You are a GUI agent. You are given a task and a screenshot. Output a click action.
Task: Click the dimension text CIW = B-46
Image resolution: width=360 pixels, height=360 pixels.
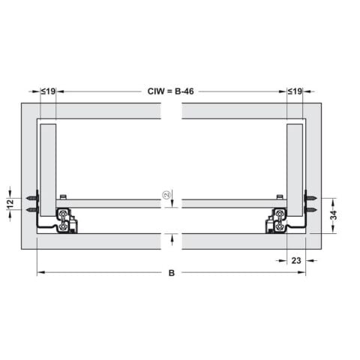[172, 91]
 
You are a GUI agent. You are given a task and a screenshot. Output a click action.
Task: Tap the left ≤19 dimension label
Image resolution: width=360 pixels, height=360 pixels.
[48, 91]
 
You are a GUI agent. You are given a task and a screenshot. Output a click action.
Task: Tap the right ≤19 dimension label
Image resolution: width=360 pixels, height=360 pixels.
[295, 91]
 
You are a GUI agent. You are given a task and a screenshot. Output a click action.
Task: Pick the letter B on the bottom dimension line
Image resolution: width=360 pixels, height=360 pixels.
[172, 274]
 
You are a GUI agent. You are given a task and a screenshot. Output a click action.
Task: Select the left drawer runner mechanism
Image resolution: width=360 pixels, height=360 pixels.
[65, 220]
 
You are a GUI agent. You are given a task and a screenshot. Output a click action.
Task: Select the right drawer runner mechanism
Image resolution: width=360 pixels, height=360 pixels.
[277, 220]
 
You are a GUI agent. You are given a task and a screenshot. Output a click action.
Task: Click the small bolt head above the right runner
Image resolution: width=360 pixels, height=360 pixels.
[279, 197]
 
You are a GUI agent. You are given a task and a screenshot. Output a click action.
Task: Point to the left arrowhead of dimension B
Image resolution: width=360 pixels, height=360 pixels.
[40, 273]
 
